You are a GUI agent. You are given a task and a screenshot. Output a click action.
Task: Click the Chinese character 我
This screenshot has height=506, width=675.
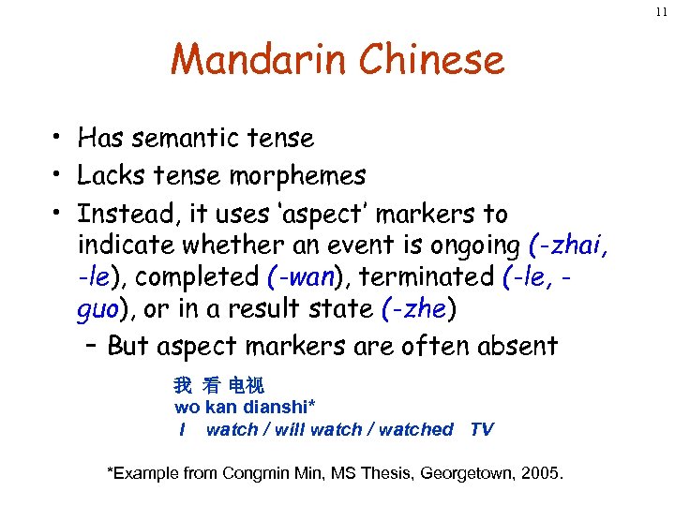point(182,385)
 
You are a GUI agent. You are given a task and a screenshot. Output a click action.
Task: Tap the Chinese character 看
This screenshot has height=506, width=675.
point(211,385)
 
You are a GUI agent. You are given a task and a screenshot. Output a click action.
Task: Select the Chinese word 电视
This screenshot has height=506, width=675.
point(247,385)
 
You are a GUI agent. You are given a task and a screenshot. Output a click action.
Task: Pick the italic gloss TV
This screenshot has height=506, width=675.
point(481,429)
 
